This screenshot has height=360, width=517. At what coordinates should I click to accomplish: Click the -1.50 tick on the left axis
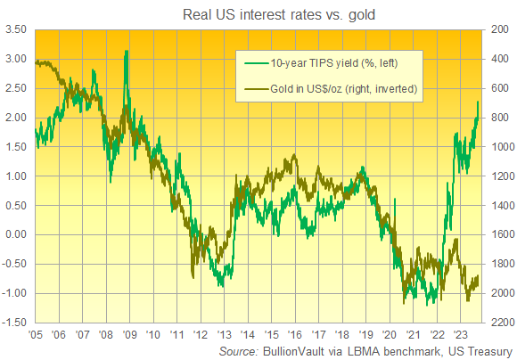coord(15,323)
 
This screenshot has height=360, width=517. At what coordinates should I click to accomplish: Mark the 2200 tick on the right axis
coord(500,323)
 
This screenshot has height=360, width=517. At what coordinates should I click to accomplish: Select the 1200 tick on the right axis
coord(500,176)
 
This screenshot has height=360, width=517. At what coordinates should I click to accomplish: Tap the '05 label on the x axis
coord(35,336)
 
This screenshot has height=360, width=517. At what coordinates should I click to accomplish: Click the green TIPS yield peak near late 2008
coord(127,52)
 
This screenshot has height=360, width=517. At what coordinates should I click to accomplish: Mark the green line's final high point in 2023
coord(479,102)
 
